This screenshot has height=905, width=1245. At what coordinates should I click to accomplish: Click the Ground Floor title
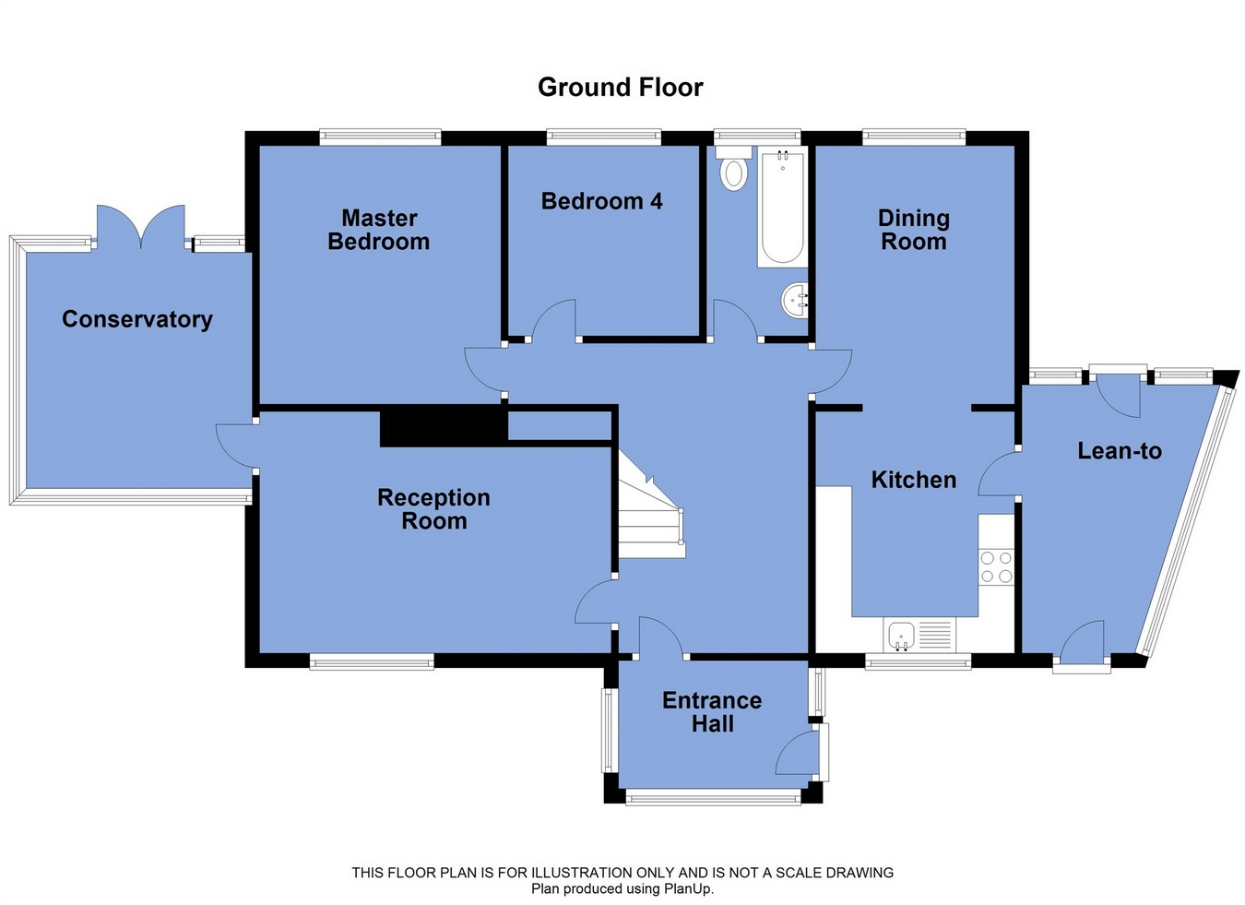pos(621,88)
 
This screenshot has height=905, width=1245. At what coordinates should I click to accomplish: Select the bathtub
pos(782,207)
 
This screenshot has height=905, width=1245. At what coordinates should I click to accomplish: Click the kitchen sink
pos(919,635)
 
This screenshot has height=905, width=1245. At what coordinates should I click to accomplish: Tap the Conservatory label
pos(137,319)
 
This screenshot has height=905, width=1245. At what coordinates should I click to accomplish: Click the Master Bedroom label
pos(379,230)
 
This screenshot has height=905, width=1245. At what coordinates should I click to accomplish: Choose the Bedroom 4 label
pos(602,201)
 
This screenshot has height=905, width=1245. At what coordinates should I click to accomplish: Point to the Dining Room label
pos(914,230)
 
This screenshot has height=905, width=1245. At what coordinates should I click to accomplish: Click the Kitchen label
pos(914,480)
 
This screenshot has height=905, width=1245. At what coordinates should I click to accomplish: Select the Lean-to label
pos(1120,451)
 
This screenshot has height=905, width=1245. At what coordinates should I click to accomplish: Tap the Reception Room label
pos(434,509)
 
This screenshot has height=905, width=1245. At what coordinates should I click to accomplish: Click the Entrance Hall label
pos(712,712)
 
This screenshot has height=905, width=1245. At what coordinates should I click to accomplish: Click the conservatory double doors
pos(141,227)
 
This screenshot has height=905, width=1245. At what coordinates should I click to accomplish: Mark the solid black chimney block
pos(445,426)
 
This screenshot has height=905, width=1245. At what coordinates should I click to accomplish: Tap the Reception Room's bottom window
pos(372,661)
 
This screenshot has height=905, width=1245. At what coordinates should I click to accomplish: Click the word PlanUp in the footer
pos(689,889)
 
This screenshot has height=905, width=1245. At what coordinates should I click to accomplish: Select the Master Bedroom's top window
pos(380,137)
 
